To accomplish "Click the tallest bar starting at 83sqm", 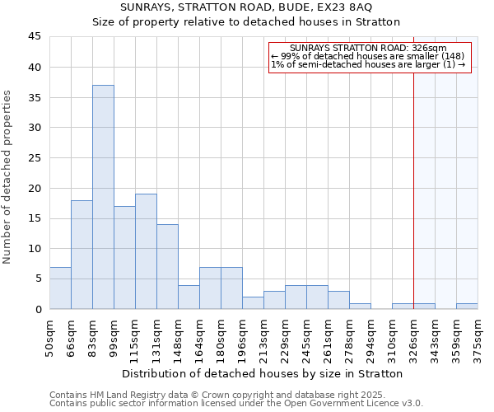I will (x=103, y=197).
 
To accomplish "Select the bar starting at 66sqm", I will (x=82, y=255).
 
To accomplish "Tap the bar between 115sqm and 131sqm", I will (x=146, y=251).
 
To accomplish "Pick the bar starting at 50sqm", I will (x=60, y=288).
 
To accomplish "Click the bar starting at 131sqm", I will (x=167, y=266).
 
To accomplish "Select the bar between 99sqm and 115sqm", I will (x=124, y=257).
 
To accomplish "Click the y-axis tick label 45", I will (x=35, y=37).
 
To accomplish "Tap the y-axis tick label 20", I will (x=35, y=188).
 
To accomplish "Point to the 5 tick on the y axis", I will (x=38, y=279).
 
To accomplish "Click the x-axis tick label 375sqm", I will (x=478, y=339).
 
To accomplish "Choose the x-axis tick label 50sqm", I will (x=50, y=337).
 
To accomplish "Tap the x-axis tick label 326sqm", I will (x=414, y=339).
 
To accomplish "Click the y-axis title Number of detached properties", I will (x=8, y=177).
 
